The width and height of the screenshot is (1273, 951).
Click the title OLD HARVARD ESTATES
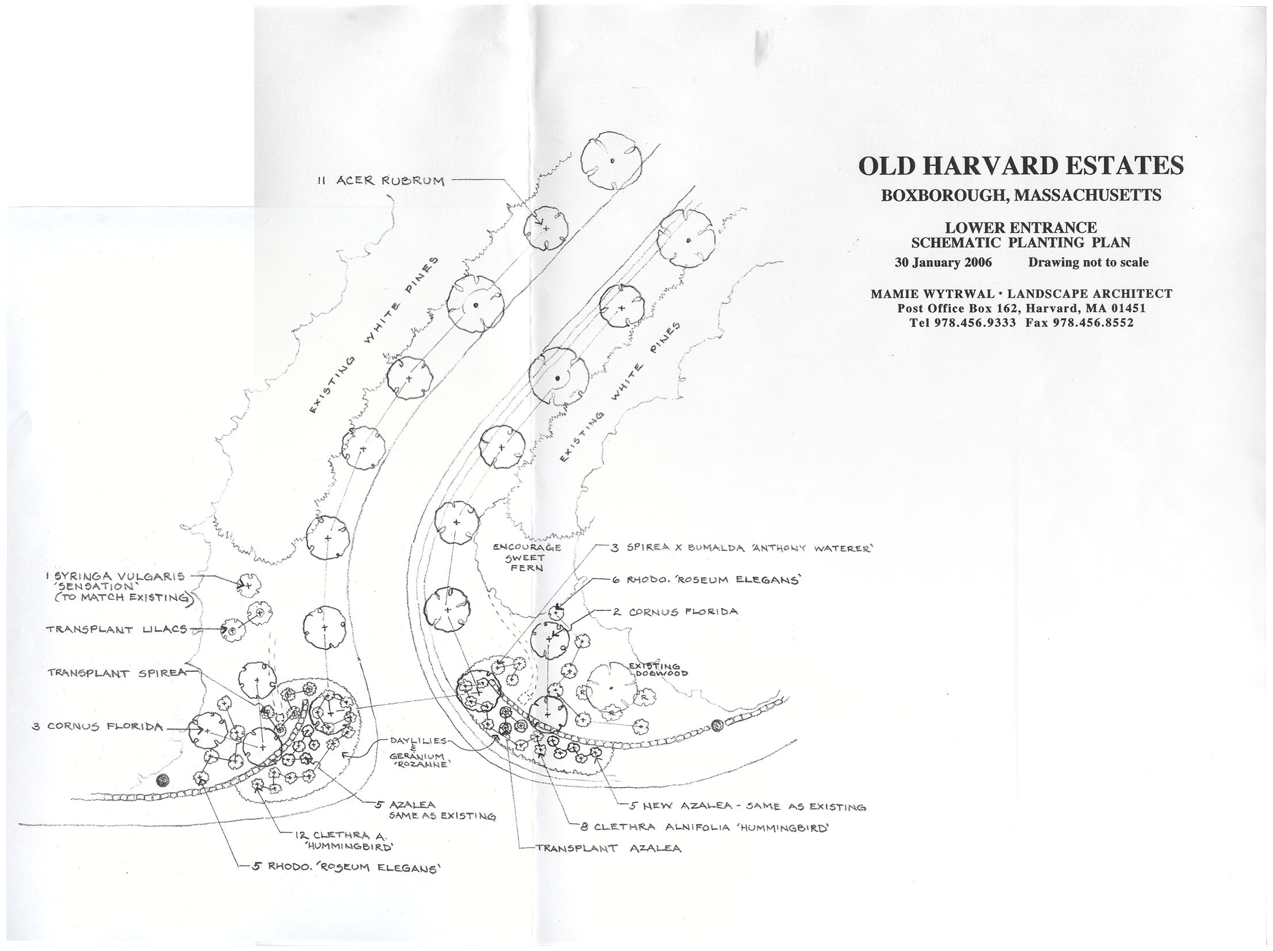click(x=1020, y=166)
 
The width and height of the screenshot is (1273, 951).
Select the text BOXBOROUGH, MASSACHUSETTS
click(x=1020, y=195)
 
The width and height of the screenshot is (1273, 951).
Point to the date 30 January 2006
click(x=943, y=263)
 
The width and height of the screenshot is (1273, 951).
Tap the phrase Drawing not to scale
click(x=1088, y=263)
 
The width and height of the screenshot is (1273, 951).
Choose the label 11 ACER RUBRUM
click(x=380, y=181)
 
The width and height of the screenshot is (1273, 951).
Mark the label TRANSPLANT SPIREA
click(x=117, y=672)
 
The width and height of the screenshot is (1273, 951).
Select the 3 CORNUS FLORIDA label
click(x=97, y=726)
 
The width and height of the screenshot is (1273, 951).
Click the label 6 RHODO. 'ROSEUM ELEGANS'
click(x=705, y=580)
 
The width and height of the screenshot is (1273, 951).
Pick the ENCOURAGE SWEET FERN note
click(x=526, y=557)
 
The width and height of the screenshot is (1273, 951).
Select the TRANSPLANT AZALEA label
click(x=608, y=848)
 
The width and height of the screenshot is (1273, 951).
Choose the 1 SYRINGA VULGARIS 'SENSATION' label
click(x=117, y=586)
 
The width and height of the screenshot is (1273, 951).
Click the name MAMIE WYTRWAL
click(x=922, y=294)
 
